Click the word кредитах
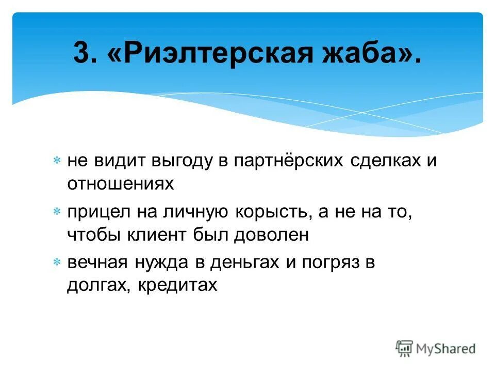click(178, 286)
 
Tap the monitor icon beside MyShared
click(404, 348)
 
